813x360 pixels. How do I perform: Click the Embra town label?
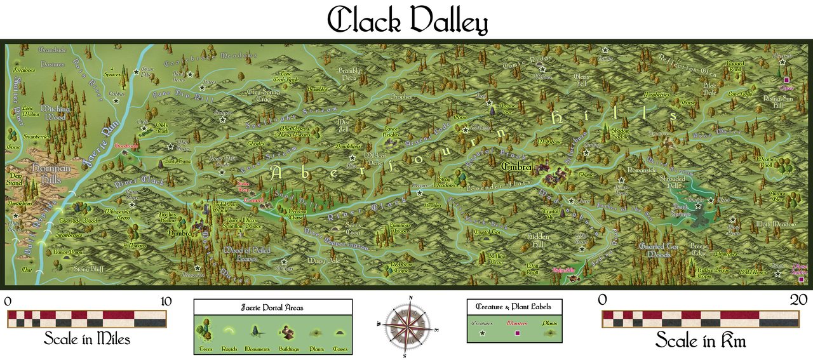click(516, 166)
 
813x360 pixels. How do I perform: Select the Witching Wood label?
click(55, 112)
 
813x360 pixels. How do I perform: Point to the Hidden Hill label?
click(534, 239)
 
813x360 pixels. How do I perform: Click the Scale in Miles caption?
click(86, 339)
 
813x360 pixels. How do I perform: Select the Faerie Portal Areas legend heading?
click(272, 307)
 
